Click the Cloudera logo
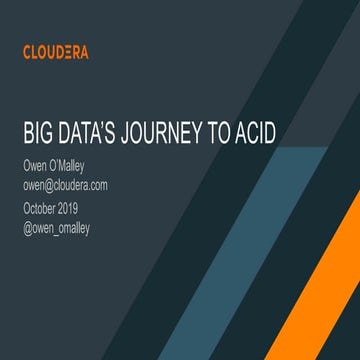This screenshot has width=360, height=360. pyautogui.click(x=55, y=52)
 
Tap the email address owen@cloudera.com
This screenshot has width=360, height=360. pyautogui.click(x=65, y=185)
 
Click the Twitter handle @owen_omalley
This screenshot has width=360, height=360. pyautogui.click(x=64, y=226)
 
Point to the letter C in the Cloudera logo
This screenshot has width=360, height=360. pyautogui.click(x=27, y=52)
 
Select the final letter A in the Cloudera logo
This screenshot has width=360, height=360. pyautogui.click(x=83, y=52)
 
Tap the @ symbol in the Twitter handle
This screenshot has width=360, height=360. pyautogui.click(x=28, y=226)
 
